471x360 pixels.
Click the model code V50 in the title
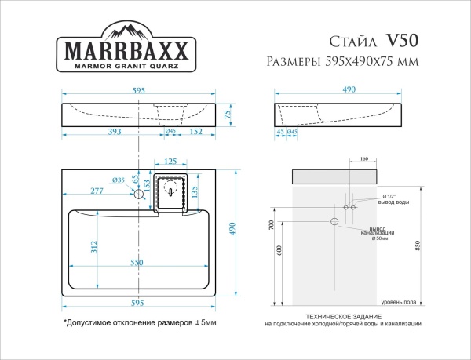403,40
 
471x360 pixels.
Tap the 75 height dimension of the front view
228,115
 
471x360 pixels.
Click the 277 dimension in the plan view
97,191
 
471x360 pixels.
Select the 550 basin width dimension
137,263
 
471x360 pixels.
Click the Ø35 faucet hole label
119,180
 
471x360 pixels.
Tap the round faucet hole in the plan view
141,192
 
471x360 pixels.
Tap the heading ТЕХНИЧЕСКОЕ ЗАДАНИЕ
342,316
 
